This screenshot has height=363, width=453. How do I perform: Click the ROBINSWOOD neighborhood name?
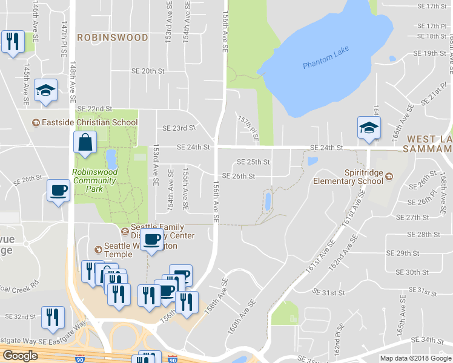[112, 38]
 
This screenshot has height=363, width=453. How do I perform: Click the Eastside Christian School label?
[85, 122]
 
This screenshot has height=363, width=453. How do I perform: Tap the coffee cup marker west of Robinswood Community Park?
[59, 191]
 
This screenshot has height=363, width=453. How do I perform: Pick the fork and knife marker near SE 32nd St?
[53, 317]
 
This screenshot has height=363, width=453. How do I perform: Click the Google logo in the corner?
[20, 356]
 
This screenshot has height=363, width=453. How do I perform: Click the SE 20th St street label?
[148, 71]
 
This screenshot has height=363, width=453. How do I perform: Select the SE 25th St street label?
[253, 162]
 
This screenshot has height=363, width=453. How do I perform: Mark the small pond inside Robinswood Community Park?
[111, 160]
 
